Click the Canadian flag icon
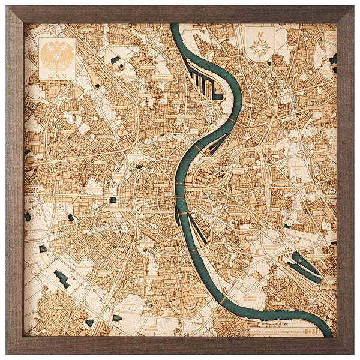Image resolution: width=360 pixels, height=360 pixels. pos(310,331)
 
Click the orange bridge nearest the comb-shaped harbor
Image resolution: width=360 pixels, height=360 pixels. pos(231,120)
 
